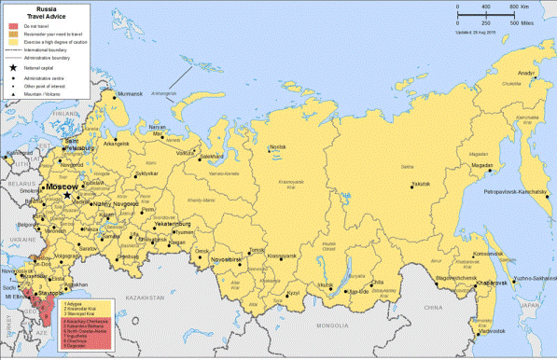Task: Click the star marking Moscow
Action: [x=66, y=194]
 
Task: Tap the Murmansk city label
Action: [x=128, y=94]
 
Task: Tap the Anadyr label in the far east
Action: [x=526, y=73]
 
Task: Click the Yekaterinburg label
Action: [x=171, y=224]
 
